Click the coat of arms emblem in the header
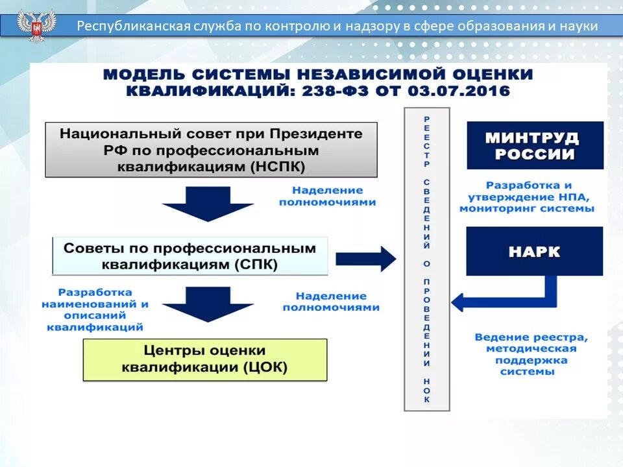click(36, 26)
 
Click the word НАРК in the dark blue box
click(535, 252)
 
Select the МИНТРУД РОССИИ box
click(535, 146)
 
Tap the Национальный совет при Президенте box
click(211, 150)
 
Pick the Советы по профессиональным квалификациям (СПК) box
click(189, 256)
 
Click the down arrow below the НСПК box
click(206, 204)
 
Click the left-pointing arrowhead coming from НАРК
click(459, 302)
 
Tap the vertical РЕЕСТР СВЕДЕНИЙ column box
click(426, 259)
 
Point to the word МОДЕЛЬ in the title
click(138, 74)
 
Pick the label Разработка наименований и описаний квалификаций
click(95, 310)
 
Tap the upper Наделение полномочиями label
click(327, 196)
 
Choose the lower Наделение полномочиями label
click(331, 301)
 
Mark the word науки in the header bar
click(577, 27)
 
